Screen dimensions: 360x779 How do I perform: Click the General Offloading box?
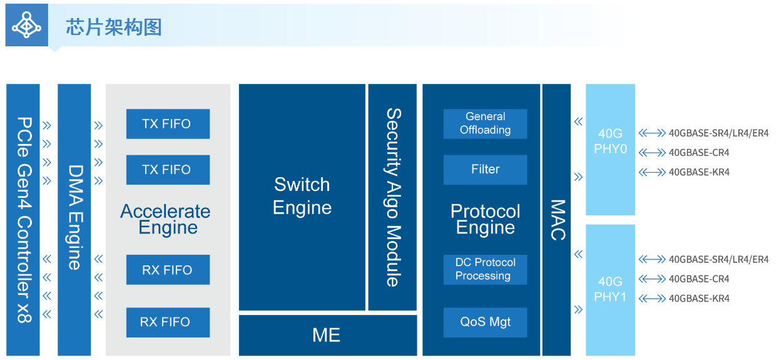pos(485,124)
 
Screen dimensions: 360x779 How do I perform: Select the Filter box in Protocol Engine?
pos(485,170)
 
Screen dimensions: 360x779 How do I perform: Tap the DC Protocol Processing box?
pos(485,269)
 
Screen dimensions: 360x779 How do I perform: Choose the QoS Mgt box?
pos(485,322)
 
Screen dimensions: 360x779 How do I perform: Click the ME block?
pos(327,335)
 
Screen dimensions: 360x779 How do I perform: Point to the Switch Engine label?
pos(302,196)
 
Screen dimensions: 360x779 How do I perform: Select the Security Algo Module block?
pos(392,197)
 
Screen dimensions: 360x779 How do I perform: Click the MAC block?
pos(556,220)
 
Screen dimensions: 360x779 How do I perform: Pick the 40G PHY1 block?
pos(610,289)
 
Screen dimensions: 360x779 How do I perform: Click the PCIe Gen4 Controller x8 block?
pos(23,220)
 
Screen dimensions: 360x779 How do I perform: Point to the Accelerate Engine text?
pos(166,219)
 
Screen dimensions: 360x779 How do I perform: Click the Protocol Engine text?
pos(485,219)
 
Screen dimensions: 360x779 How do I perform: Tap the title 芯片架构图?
pos(114,27)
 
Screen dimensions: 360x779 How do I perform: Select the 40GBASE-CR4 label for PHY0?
pos(699,153)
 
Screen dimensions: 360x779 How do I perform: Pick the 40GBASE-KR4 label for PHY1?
pos(699,299)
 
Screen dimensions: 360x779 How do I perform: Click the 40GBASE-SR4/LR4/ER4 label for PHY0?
pos(718,133)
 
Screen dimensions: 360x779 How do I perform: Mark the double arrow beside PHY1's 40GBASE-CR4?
pos(652,279)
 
